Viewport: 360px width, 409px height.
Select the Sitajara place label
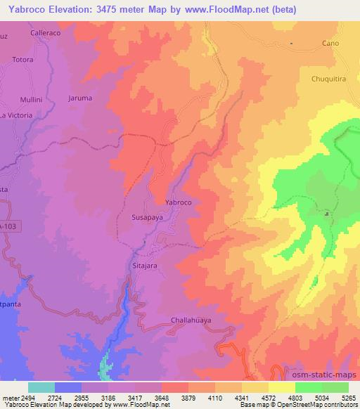pos(146,267)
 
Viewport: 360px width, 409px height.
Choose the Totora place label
pos(22,60)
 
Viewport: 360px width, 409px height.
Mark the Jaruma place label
pos(79,98)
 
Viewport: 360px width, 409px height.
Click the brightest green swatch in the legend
pos(309,387)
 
